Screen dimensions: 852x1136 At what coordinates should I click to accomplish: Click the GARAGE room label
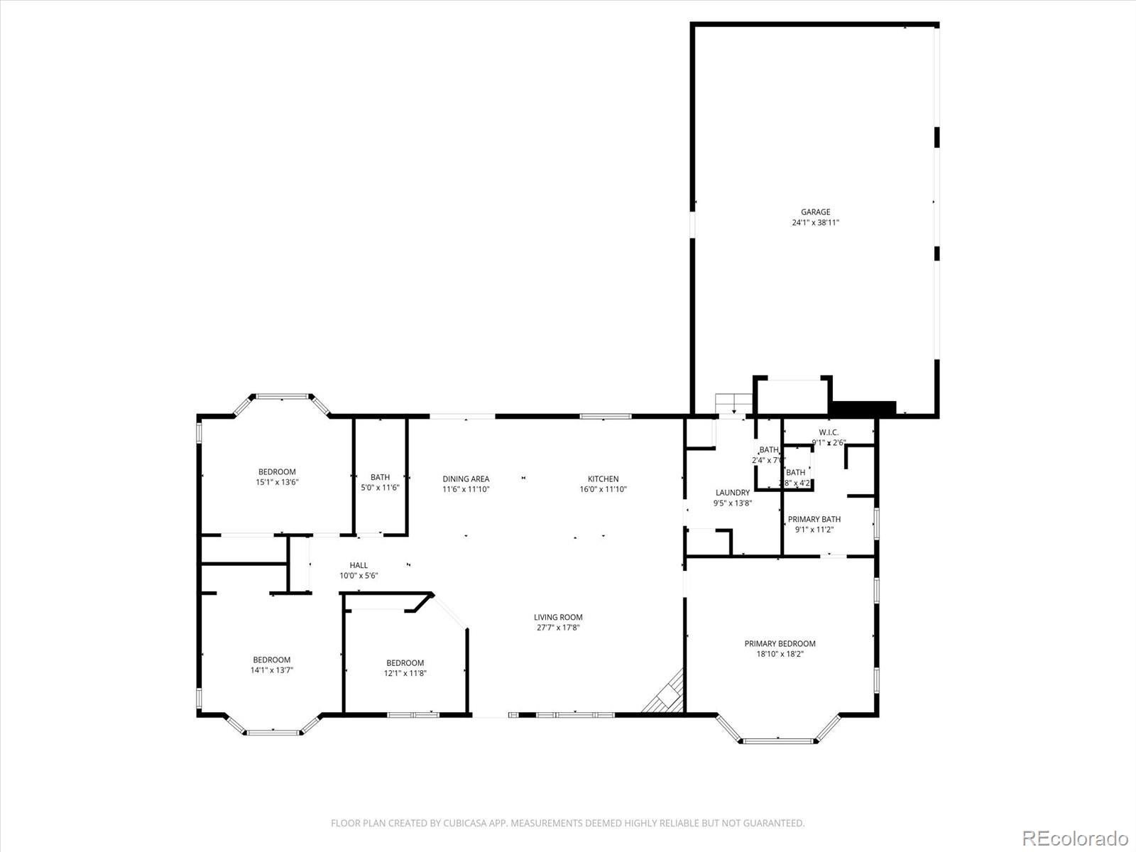pos(815,212)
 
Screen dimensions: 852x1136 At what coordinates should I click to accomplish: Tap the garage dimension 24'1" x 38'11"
pos(815,222)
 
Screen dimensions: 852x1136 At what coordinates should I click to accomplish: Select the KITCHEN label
pos(603,479)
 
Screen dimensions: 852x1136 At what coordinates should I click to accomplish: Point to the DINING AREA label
pos(466,479)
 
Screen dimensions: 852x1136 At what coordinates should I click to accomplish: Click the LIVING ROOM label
pos(558,617)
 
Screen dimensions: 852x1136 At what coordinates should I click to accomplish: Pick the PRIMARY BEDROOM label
pos(780,643)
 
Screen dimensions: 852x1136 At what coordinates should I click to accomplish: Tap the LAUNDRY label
pos(732,492)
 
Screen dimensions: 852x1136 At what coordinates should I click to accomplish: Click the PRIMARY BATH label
pos(814,519)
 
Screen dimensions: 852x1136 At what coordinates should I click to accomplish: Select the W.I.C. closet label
pos(829,432)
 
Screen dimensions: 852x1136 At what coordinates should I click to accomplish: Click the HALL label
pos(359,565)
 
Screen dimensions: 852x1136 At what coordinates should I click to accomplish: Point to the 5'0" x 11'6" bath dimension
pos(380,488)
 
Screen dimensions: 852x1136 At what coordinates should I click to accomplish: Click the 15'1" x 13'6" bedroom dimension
pos(277,482)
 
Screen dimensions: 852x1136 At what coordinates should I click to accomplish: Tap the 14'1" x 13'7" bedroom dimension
pos(271,670)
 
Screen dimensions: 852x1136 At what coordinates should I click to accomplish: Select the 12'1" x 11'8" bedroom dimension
pos(405,673)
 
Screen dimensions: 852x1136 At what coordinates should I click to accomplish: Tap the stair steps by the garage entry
pos(733,403)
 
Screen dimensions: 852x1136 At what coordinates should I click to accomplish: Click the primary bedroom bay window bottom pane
pos(778,741)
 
